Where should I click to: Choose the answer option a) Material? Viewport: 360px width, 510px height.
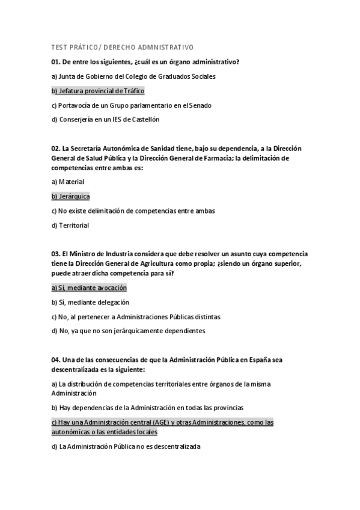tap(68, 182)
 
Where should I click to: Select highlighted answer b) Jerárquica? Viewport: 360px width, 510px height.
tap(71, 196)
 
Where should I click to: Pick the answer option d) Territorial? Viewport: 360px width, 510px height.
tap(70, 226)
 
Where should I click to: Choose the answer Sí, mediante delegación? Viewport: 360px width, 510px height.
tap(91, 302)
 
